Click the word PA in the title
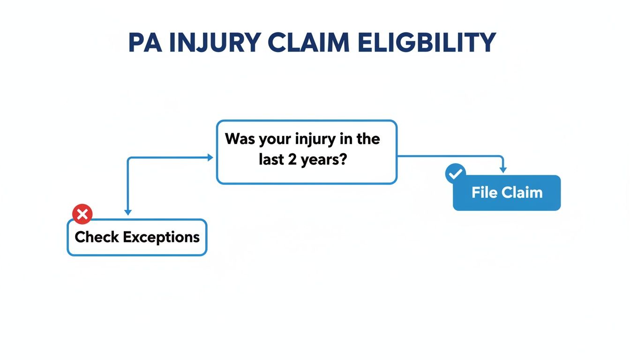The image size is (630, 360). (144, 43)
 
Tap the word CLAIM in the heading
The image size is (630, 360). (307, 43)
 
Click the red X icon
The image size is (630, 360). (82, 215)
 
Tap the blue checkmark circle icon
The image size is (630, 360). (455, 174)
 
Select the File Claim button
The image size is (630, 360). (507, 193)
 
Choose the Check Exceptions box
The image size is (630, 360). (137, 237)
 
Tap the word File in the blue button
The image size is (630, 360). (484, 193)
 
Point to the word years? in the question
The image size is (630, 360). (323, 160)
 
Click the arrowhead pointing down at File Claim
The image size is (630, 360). (503, 170)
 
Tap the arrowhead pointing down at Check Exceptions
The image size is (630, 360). (128, 212)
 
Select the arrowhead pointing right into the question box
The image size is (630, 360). (210, 158)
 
